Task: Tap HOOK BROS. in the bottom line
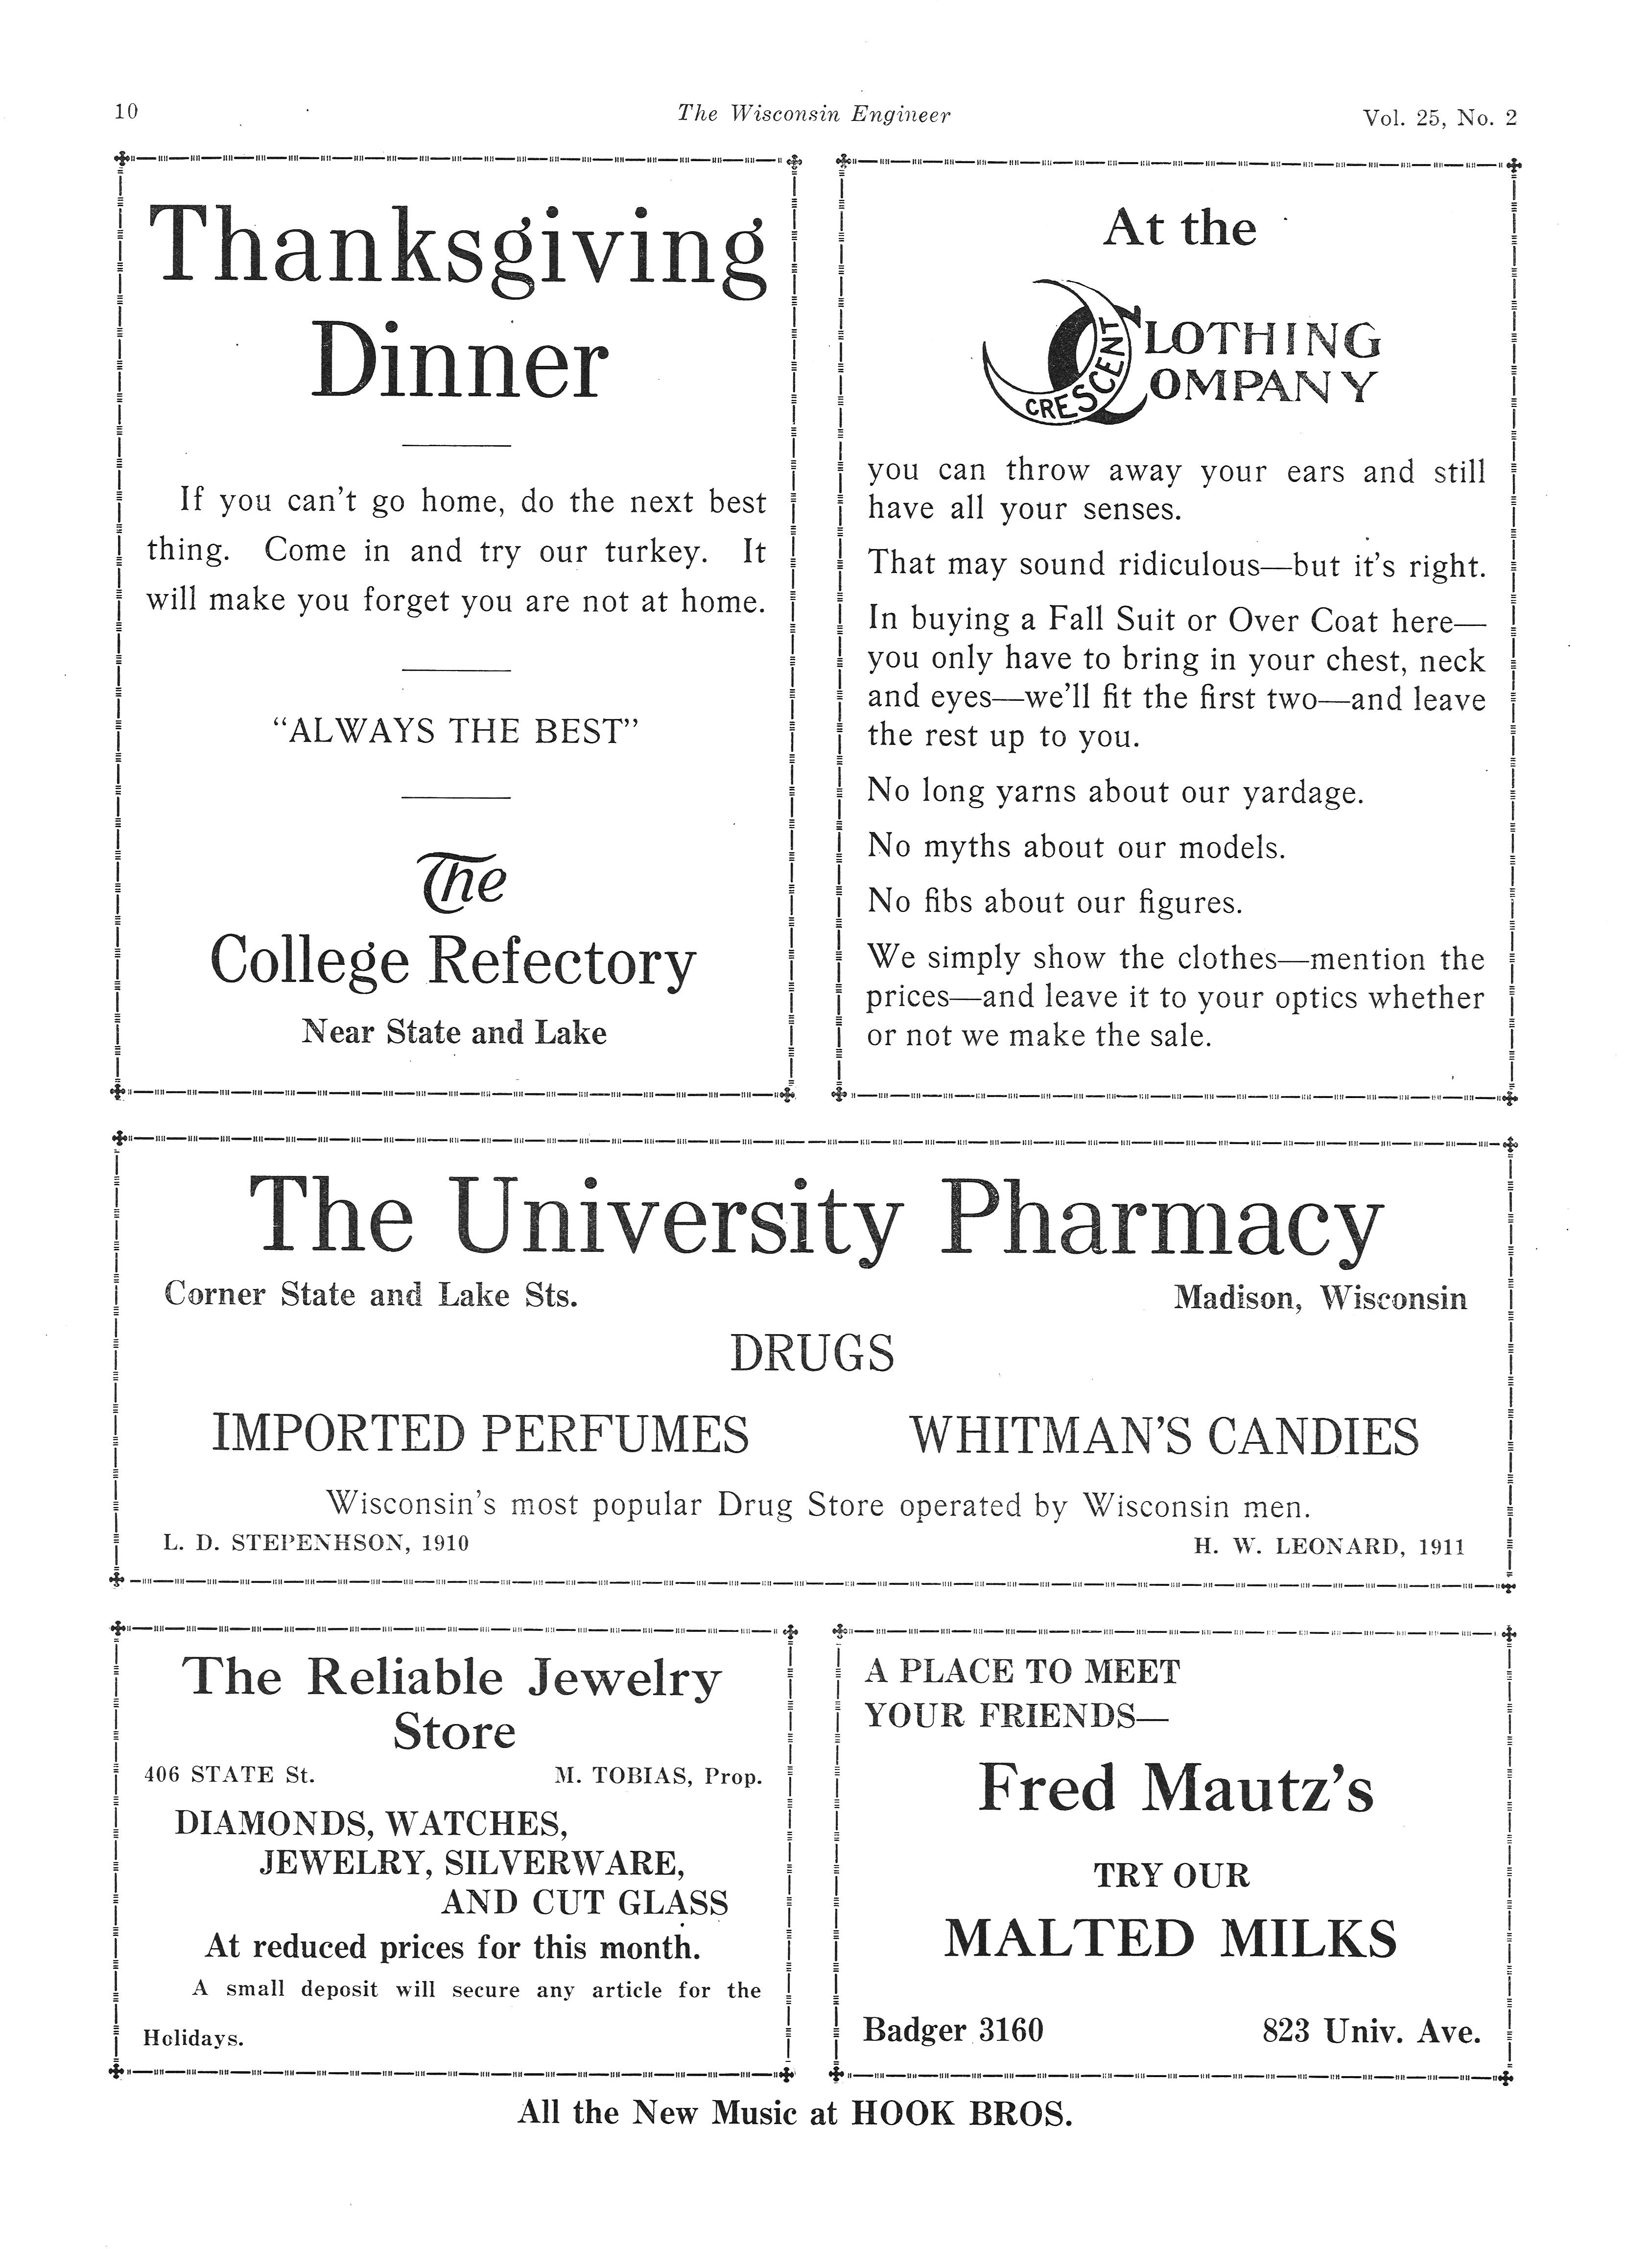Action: pos(962,2113)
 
